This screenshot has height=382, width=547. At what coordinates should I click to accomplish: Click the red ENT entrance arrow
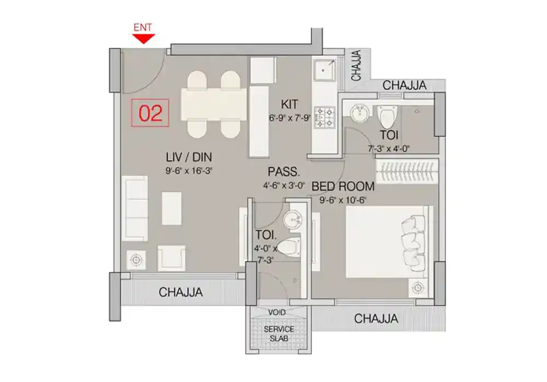(x=144, y=38)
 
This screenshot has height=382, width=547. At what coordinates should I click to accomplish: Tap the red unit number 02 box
(x=150, y=113)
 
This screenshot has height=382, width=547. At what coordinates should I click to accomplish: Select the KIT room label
(x=289, y=104)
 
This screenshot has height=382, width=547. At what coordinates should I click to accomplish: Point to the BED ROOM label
(x=343, y=187)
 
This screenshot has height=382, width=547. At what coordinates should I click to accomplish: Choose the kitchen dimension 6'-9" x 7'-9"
(x=289, y=117)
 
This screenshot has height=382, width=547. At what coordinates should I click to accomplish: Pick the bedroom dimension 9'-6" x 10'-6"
(x=339, y=200)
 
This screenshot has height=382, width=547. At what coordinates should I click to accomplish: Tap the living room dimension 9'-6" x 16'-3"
(x=189, y=171)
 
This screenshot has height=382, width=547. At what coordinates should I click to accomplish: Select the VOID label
(x=277, y=312)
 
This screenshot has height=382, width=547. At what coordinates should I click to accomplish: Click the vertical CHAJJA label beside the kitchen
(x=356, y=66)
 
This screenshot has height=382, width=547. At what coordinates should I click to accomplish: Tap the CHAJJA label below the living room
(x=181, y=292)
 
